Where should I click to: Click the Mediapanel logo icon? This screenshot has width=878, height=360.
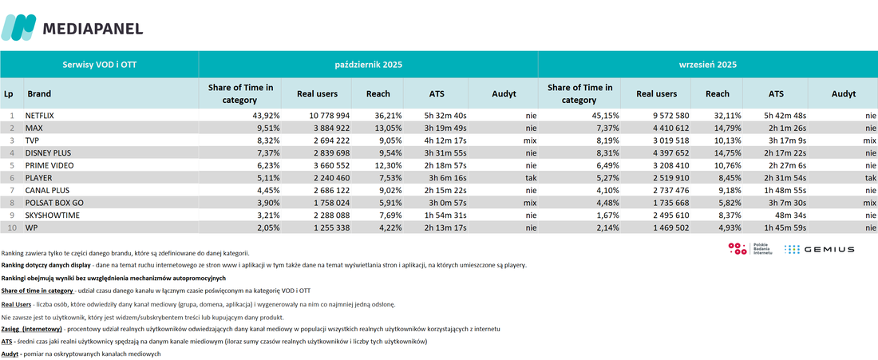coord(18,27)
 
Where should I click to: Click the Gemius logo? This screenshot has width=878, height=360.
coord(819,249)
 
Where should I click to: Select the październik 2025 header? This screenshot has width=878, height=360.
coord(369,65)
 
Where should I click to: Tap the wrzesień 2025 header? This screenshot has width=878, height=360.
coord(708,65)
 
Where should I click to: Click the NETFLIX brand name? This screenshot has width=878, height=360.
coord(42,115)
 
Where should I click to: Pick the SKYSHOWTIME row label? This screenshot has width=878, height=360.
coord(51,215)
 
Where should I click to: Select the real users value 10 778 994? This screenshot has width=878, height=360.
coord(329,115)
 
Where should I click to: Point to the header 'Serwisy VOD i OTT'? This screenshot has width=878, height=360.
coord(100,65)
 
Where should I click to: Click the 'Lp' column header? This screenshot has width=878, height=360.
coord(9,93)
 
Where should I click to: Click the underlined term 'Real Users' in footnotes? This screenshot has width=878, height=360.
coord(16,305)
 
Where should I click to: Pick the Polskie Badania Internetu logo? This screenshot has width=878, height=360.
coord(750,249)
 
